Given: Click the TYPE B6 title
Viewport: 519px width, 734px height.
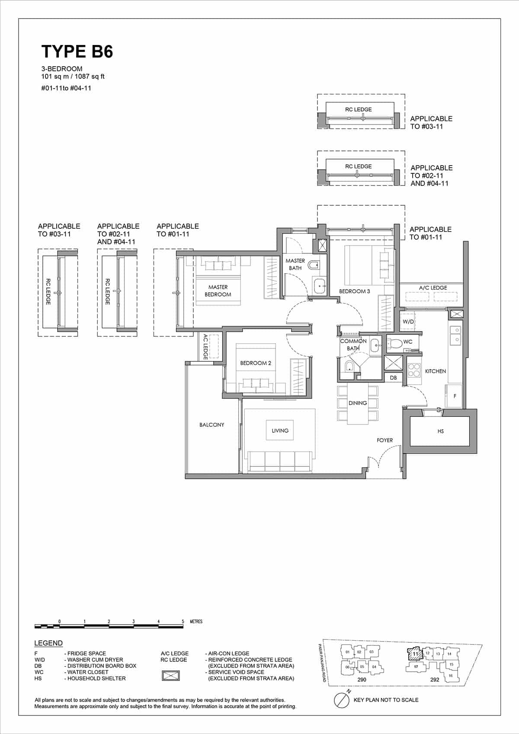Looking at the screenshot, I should (x=77, y=51).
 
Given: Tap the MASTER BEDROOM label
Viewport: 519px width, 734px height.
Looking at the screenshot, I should (x=218, y=290).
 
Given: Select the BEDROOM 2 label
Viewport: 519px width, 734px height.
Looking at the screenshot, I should (x=256, y=363).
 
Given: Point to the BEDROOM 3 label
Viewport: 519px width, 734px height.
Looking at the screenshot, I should (x=354, y=291).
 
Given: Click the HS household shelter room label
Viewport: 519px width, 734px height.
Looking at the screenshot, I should (x=440, y=431).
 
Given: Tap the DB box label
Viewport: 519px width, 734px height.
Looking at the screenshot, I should (x=393, y=378).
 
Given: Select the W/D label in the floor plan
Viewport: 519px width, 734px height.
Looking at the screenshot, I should (x=408, y=322).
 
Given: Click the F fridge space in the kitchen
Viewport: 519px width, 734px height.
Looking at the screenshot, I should (x=455, y=396).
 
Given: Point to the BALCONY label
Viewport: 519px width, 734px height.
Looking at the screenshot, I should (x=212, y=425).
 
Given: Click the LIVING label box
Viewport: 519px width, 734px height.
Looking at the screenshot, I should (x=280, y=431).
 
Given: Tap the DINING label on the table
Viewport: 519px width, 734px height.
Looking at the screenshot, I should (x=358, y=403).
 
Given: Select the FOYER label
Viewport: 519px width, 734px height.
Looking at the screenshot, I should (x=384, y=440).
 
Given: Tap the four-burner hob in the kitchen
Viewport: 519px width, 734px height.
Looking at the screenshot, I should (x=414, y=370).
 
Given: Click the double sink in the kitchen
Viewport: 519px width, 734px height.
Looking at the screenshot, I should (x=455, y=335).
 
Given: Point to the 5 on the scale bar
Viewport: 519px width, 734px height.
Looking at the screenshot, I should (x=183, y=622).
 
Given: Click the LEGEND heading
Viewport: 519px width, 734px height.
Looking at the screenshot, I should (x=48, y=643).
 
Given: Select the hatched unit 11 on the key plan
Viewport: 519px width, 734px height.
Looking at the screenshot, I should (x=415, y=654).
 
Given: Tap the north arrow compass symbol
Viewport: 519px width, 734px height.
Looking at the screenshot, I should (x=342, y=700).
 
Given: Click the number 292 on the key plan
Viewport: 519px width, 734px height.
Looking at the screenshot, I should (x=435, y=680).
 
